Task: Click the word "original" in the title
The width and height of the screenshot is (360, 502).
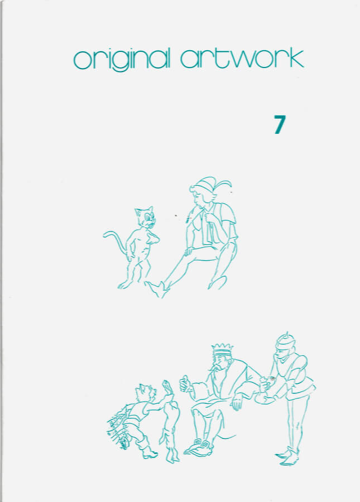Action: (x=121, y=60)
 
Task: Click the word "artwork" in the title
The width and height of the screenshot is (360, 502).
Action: (x=242, y=58)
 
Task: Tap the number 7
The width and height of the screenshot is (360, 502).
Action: (x=280, y=124)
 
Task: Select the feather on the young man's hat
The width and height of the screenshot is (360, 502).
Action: (x=224, y=184)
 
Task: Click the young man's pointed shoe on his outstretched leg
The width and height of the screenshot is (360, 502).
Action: (x=157, y=288)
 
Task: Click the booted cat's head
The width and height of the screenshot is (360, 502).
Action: (x=146, y=392)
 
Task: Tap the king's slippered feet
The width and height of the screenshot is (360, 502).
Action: (x=199, y=447)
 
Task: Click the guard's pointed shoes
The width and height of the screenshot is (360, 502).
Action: (x=287, y=456)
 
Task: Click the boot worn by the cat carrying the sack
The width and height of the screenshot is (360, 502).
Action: (x=147, y=448)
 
